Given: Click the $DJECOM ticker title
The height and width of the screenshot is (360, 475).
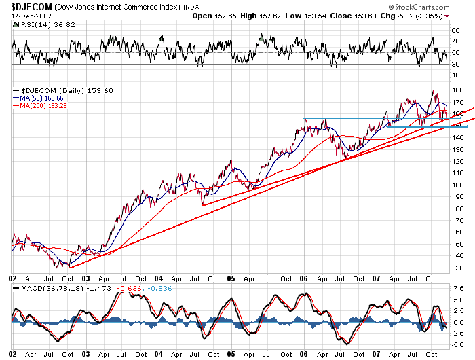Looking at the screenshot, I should point(35,7).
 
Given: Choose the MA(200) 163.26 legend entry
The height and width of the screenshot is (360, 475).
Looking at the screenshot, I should point(43,106).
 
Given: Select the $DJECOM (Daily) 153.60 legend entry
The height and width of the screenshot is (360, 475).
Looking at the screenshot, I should point(58,90).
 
